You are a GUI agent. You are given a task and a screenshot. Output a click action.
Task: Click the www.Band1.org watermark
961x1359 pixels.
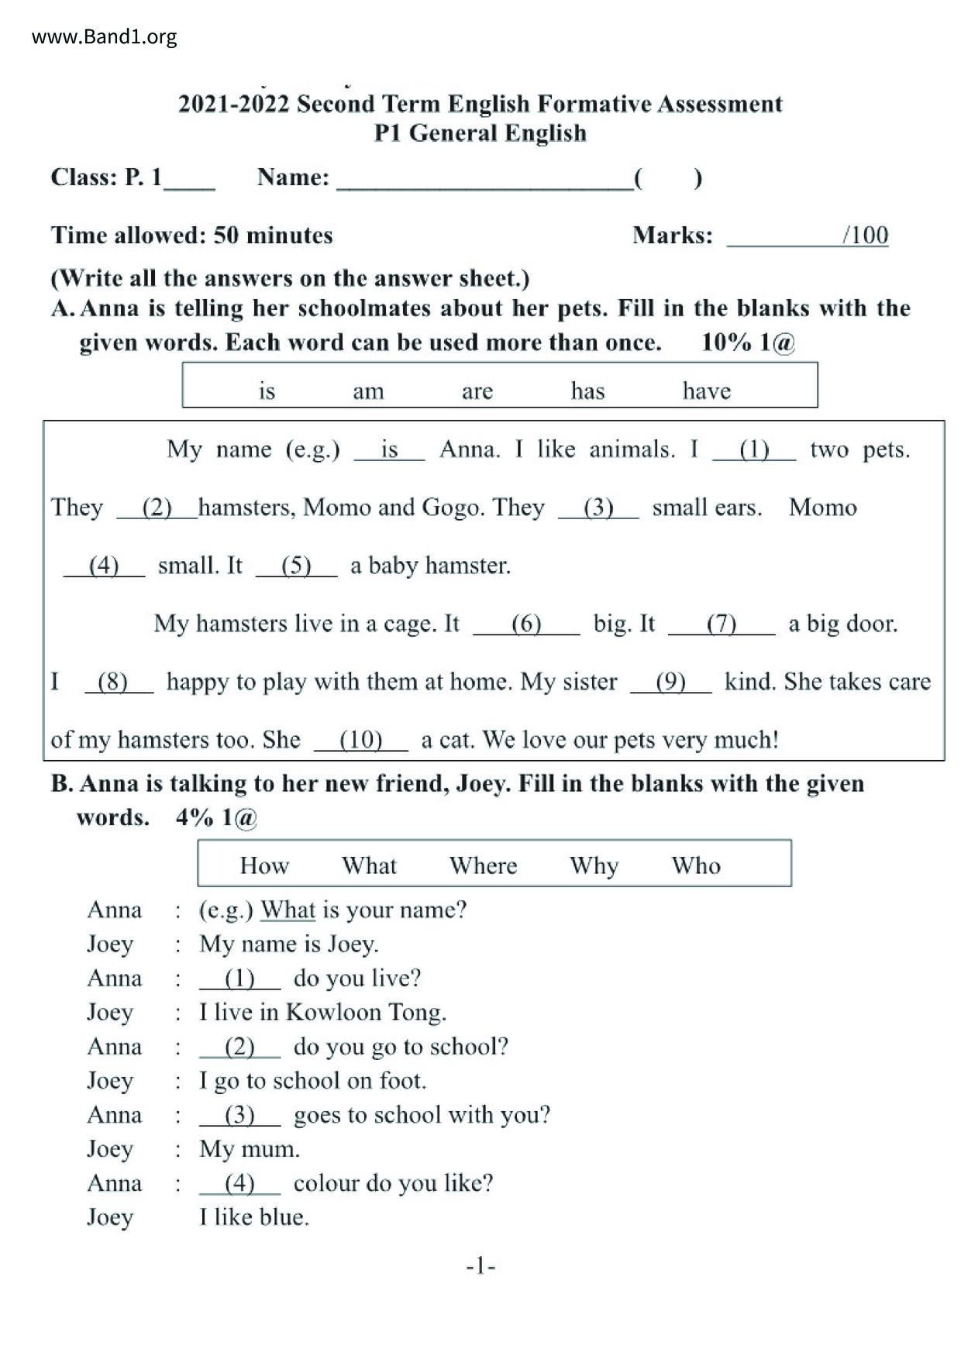point(105,36)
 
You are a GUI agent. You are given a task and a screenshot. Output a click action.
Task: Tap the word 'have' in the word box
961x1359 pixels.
point(706,390)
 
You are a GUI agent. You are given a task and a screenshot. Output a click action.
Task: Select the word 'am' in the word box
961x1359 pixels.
point(368,390)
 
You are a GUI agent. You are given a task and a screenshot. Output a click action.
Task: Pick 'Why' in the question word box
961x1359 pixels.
point(594,865)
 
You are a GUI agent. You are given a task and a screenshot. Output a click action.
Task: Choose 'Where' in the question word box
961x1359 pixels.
point(483,865)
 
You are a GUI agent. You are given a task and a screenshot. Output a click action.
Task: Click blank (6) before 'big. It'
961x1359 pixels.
point(526,624)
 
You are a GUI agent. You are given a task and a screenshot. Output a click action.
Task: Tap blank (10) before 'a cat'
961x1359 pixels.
point(361,741)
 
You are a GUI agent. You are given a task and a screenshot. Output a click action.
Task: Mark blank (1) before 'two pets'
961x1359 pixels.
point(753,450)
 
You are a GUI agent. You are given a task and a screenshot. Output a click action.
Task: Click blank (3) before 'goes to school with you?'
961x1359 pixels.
point(239,1116)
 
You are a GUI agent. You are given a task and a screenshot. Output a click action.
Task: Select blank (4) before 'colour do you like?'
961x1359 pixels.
point(239,1184)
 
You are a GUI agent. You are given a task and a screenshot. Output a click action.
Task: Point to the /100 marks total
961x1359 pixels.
point(865,235)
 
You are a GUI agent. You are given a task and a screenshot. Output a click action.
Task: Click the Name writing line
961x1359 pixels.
point(484,180)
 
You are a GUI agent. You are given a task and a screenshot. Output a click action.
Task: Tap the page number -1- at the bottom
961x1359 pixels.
point(480,1266)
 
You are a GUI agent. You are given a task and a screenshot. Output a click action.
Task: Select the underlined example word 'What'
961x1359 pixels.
point(288,910)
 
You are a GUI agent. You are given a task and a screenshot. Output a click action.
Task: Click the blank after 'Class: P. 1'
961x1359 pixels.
point(189,180)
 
